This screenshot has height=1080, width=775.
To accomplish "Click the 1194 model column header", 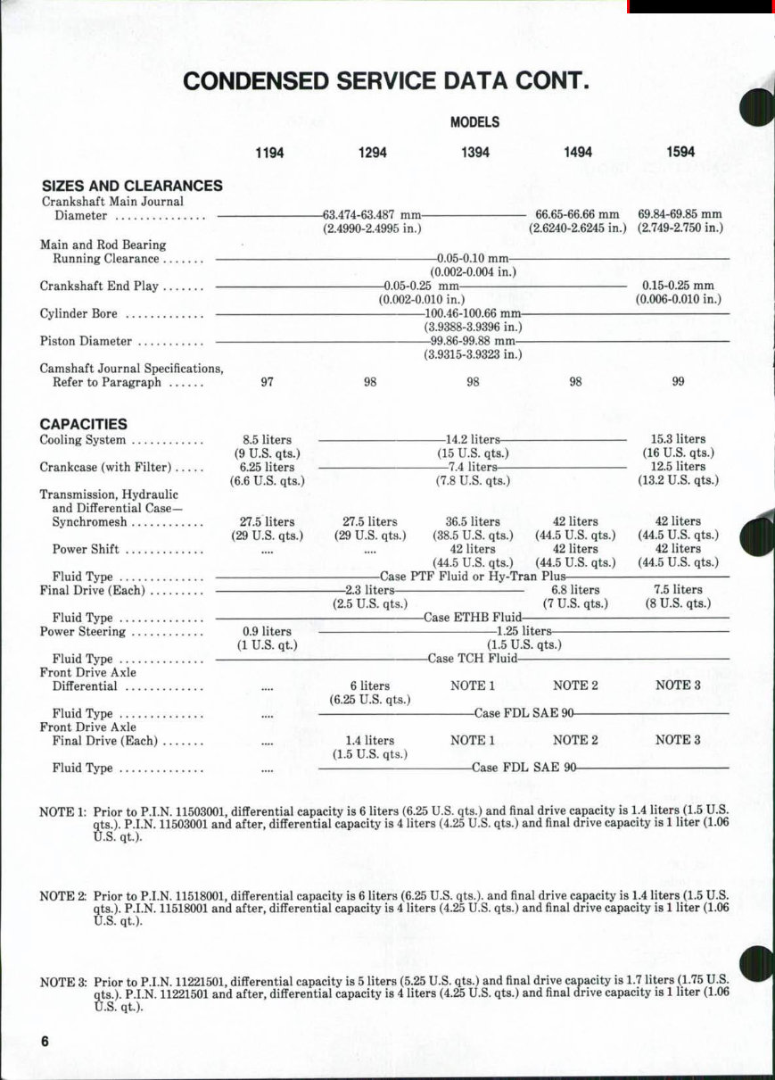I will (x=269, y=153).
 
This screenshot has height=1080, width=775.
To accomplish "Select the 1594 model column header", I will (x=680, y=153).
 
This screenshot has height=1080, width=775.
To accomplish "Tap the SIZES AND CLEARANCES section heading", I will (x=132, y=186).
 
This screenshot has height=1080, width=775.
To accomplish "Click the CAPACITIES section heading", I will (x=84, y=424).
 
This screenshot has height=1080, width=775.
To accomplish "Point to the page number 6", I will (x=44, y=1043).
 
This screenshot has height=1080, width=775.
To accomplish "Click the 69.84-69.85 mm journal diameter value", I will (x=680, y=214).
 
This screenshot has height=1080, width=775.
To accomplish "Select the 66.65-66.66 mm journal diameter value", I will (x=577, y=214).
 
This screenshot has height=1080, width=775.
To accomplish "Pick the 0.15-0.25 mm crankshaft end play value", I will (x=678, y=286).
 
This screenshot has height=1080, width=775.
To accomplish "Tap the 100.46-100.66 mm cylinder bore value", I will (x=473, y=313).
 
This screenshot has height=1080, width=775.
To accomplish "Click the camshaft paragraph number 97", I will (x=267, y=382).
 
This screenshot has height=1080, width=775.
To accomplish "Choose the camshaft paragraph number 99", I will (x=678, y=382).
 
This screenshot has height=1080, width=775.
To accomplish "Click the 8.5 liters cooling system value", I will (x=268, y=439).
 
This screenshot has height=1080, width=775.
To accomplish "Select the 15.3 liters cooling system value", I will (x=678, y=439).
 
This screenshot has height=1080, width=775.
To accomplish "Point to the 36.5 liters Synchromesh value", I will (x=473, y=521).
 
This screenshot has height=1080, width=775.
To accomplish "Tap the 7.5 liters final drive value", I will (x=678, y=590).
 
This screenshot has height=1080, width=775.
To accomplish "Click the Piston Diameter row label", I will (x=86, y=341).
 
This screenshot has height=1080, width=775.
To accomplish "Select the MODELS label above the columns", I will (x=474, y=122).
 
